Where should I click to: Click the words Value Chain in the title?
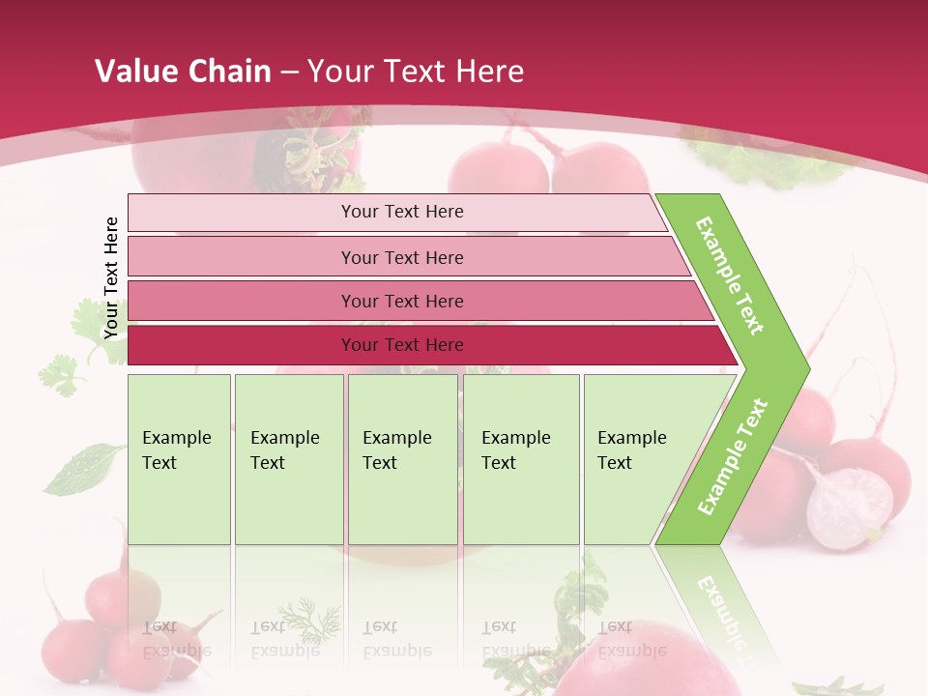(x=183, y=72)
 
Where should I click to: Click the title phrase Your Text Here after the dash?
(x=416, y=72)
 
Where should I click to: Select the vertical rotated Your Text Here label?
(x=111, y=277)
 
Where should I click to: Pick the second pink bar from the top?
(x=402, y=257)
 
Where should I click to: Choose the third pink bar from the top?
(x=402, y=301)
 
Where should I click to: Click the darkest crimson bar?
(x=402, y=345)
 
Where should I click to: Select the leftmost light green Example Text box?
(x=179, y=459)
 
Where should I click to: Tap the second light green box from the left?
(x=288, y=459)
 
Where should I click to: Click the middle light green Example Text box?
(x=402, y=459)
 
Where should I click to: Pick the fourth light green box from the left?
(x=521, y=459)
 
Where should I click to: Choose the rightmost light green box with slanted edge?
(x=638, y=459)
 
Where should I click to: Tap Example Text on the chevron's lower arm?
(x=733, y=456)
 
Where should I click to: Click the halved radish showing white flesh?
(x=850, y=507)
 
